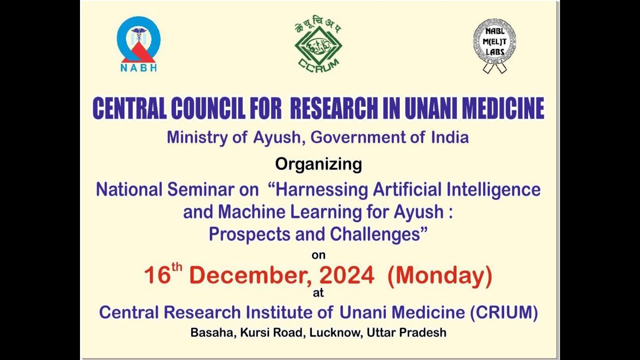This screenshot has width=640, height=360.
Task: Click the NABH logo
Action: [138, 44]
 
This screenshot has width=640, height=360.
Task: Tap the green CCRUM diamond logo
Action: [318, 45]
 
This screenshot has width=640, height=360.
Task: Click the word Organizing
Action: [318, 164]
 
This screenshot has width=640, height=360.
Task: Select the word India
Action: [450, 137]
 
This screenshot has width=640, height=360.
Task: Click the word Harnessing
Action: [321, 190]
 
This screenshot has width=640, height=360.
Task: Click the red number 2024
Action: [346, 275]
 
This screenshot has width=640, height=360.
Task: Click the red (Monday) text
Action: [439, 275]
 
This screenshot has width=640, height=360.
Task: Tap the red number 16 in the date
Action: [157, 275]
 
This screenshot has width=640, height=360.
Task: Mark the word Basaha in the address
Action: [211, 332]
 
